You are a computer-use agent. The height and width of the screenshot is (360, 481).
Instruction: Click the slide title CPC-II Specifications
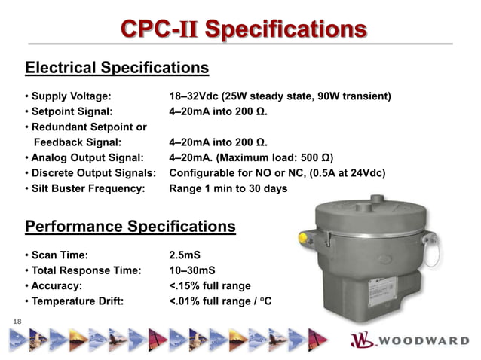click(244, 30)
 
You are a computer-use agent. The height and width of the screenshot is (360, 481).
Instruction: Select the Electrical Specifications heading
click(117, 68)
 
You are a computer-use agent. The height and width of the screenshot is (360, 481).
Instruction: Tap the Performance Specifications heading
click(130, 226)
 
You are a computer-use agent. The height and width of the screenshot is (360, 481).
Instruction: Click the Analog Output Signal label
click(85, 157)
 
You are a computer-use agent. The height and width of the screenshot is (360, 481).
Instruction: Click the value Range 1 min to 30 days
click(228, 188)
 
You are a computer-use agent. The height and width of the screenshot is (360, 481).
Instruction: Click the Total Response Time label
click(85, 270)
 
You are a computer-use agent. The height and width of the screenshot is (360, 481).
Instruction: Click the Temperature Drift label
click(76, 301)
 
